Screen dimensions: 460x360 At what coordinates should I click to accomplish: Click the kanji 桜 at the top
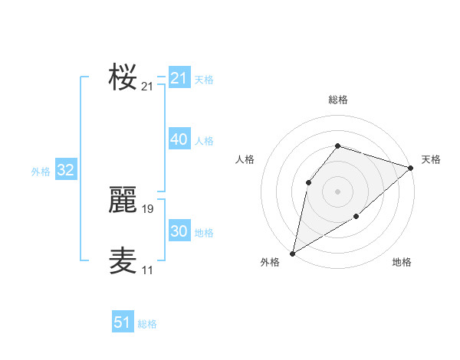[x=123, y=77]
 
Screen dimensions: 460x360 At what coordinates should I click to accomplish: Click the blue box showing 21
[x=179, y=78]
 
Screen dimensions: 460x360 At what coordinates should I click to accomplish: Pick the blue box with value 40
[x=179, y=139]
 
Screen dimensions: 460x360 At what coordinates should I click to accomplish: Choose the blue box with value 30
[x=179, y=231]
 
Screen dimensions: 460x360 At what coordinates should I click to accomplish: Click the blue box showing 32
[x=65, y=170]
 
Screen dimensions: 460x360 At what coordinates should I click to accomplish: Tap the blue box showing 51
[x=123, y=322]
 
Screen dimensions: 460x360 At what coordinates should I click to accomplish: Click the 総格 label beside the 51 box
[x=147, y=324]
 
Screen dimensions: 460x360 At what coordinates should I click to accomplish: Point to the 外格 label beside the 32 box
[x=41, y=172]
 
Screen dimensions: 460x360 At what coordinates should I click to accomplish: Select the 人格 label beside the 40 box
[x=204, y=141]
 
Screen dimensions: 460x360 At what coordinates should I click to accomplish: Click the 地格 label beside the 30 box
[x=204, y=233]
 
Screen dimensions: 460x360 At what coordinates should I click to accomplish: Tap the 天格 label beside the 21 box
[x=204, y=80]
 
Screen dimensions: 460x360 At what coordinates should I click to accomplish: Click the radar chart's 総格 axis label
[x=338, y=100]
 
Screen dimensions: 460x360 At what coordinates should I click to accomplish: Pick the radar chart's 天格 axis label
[x=431, y=159]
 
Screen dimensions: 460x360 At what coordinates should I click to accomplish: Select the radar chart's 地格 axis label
[x=402, y=262]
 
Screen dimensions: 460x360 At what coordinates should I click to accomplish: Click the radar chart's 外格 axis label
[x=270, y=262]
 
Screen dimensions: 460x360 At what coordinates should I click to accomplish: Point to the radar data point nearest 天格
[x=412, y=168]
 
